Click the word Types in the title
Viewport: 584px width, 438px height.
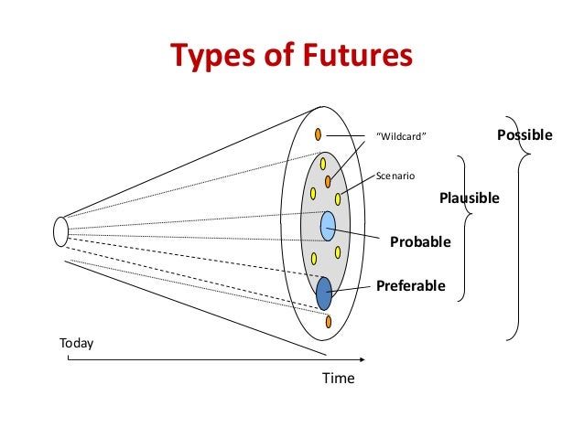[208, 58]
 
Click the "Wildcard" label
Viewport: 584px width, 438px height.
[403, 138]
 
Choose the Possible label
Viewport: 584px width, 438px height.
[525, 135]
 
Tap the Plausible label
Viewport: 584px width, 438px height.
[470, 197]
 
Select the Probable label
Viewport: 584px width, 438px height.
[421, 242]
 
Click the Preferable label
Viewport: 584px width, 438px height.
[411, 286]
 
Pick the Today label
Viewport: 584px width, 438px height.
[76, 344]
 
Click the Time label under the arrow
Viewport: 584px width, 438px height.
[337, 378]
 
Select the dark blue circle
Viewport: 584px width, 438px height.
[324, 293]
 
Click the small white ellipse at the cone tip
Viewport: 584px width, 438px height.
[61, 230]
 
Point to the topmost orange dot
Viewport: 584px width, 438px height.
[318, 134]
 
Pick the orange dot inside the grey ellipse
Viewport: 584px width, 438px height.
[327, 181]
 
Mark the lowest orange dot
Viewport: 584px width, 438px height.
[328, 321]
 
